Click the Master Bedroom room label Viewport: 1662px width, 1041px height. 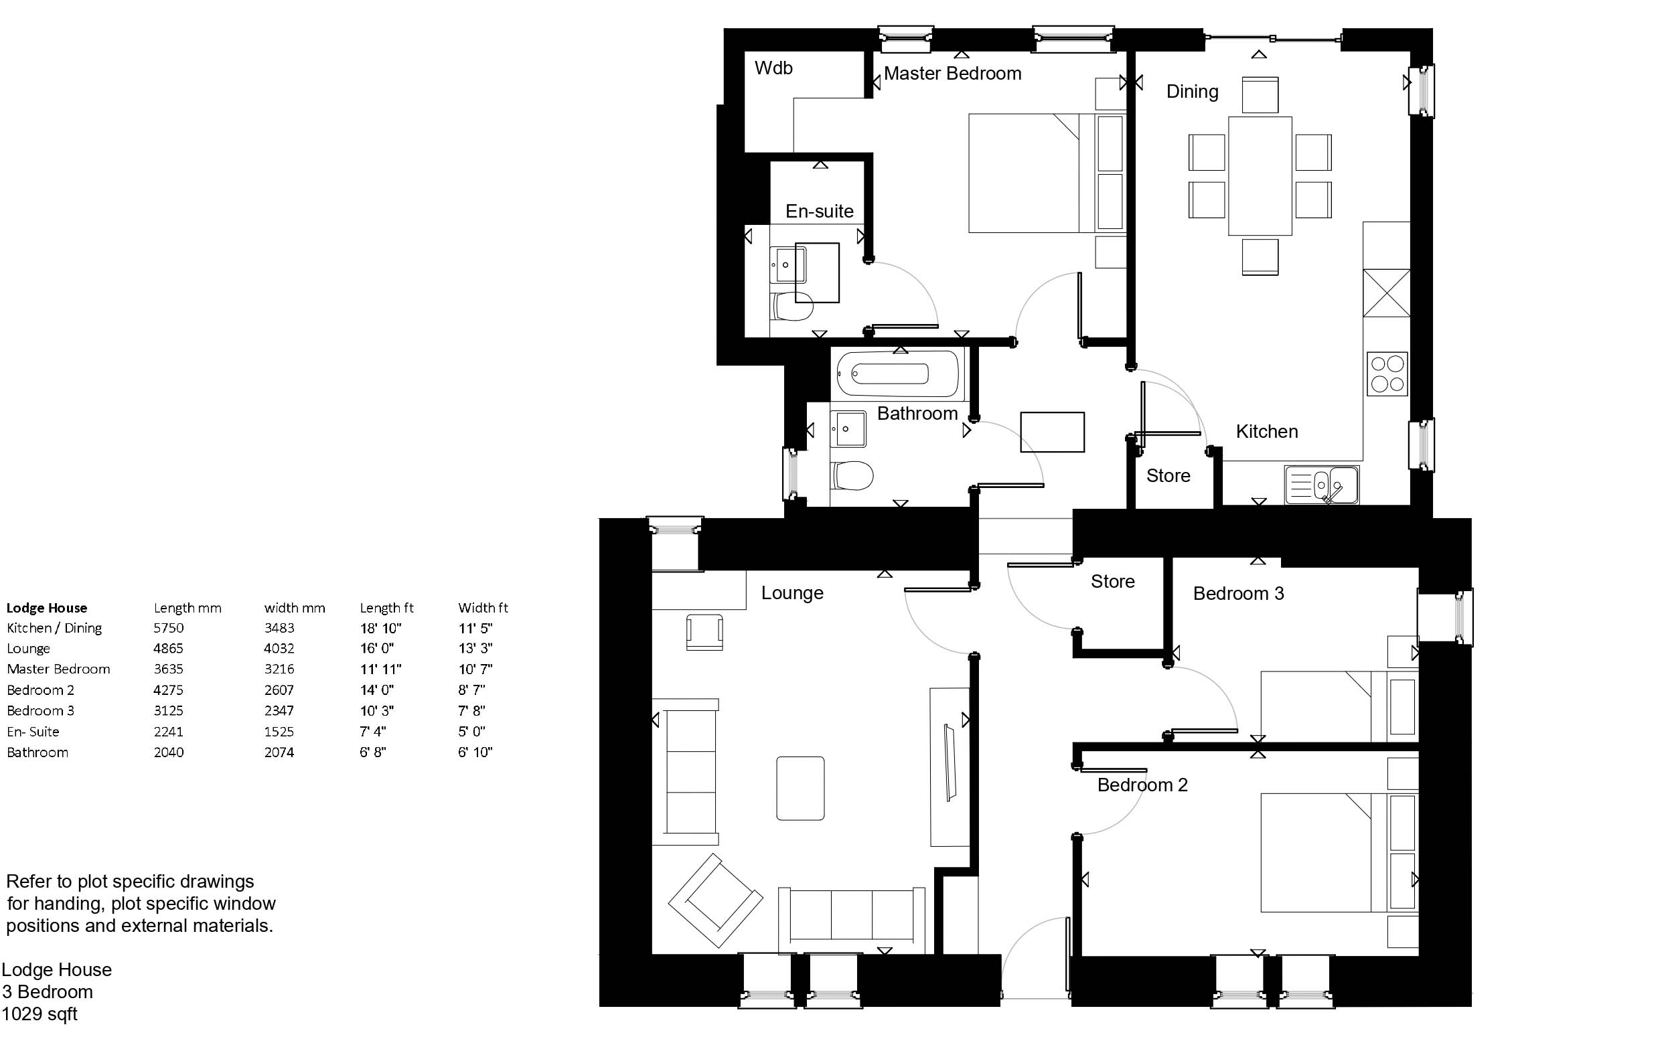[952, 74]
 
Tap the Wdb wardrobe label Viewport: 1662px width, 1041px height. [773, 68]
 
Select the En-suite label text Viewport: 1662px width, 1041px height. [820, 212]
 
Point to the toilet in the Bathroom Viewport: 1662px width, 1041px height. [852, 476]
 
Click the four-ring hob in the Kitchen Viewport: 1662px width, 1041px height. [1387, 374]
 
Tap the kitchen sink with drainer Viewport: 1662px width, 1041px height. [1321, 485]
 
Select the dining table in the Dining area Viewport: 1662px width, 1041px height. [1260, 176]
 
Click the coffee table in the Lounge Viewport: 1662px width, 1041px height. [800, 789]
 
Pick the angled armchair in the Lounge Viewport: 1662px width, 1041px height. [715, 901]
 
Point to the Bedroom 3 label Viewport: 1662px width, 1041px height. [1239, 594]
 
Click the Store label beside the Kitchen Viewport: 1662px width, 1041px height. [1168, 476]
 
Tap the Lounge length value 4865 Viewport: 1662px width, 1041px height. [169, 649]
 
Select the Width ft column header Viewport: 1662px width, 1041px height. [483, 608]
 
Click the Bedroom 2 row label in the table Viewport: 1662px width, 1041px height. [41, 690]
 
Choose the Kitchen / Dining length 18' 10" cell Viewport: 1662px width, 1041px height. [380, 628]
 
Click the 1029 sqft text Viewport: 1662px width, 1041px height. [40, 1014]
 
